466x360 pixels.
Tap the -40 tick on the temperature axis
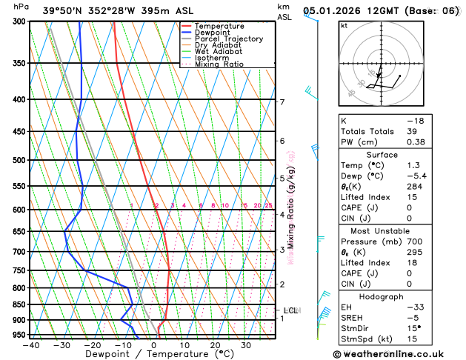click(31, 344)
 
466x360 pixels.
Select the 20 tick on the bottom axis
click(215, 344)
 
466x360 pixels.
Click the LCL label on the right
click(290, 310)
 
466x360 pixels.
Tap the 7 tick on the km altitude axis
click(282, 102)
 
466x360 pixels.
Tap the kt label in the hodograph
click(344, 25)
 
